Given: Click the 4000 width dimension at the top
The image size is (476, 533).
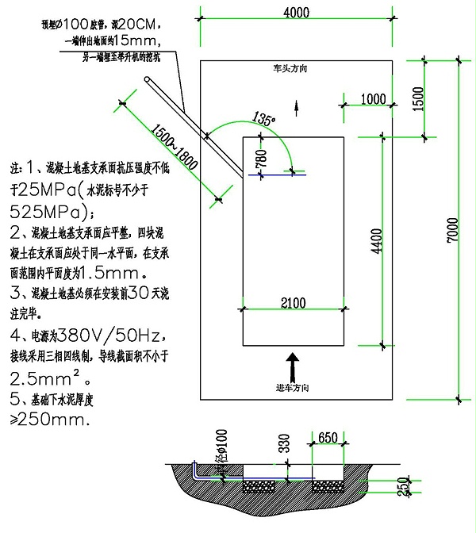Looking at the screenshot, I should tap(297, 13).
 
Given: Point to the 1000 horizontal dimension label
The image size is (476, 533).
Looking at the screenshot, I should tap(371, 98).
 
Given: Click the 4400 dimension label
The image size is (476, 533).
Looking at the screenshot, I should tap(376, 240).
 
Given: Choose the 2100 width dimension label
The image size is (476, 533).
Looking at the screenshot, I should tap(292, 301).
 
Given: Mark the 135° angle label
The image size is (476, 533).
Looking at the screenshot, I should tap(263, 119).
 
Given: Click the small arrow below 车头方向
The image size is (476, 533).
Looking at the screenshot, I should tap(297, 105).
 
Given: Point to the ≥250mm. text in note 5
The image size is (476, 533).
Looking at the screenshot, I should tap(49, 420).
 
